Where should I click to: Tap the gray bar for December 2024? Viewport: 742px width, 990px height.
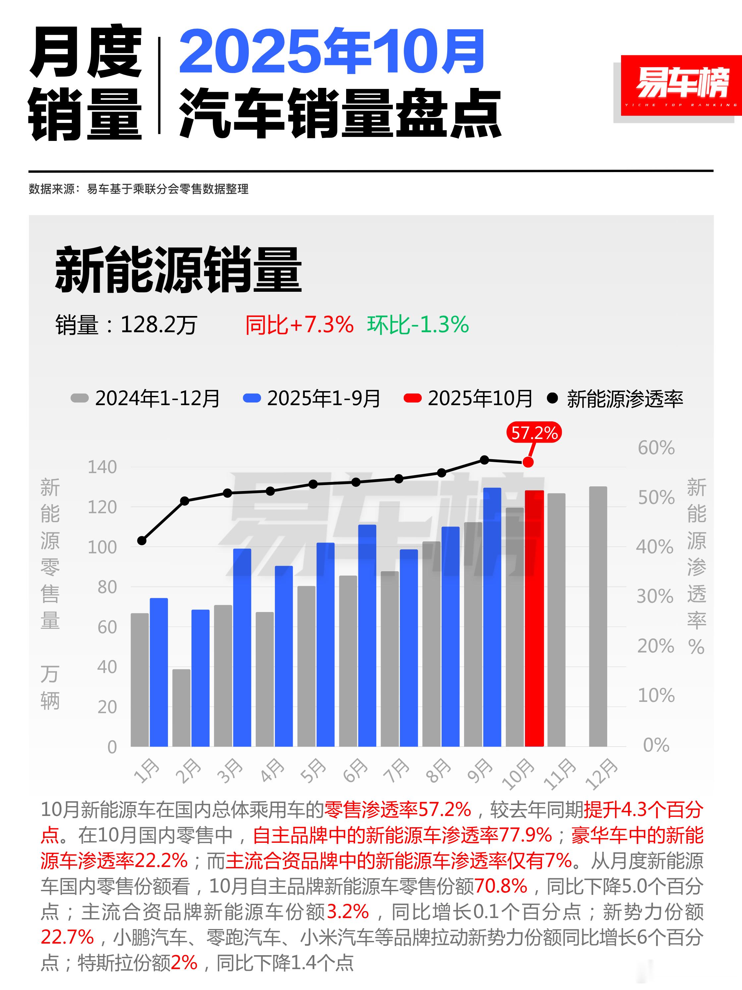[x=598, y=618]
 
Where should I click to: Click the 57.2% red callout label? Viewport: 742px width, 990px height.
[x=534, y=433]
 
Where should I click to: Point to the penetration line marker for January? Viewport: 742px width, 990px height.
[x=142, y=541]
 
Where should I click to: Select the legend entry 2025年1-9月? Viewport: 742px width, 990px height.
[x=312, y=398]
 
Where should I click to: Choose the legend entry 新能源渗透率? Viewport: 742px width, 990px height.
[x=615, y=398]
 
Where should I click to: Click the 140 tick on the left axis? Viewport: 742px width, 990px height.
[x=102, y=467]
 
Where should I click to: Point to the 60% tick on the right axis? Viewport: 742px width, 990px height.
[x=656, y=448]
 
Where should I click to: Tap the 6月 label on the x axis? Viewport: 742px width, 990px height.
[x=355, y=771]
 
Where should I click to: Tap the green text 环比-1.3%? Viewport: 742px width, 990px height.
[x=417, y=325]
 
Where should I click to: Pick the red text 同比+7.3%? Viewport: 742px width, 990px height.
[x=299, y=325]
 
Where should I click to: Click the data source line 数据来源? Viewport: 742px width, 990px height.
[x=139, y=189]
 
